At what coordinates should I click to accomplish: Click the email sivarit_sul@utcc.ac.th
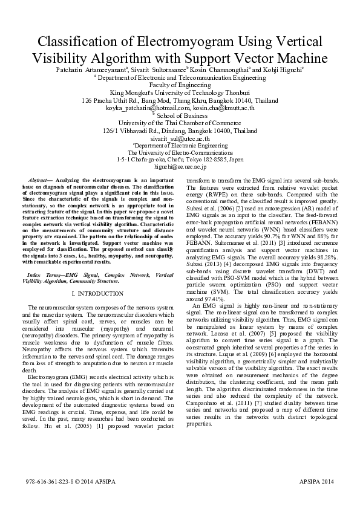pos(180,138)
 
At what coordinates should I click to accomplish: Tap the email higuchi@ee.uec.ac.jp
pos(180,166)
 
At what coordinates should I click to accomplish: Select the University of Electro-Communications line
pos(180,153)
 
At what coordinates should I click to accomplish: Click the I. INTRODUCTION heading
pos(97,294)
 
